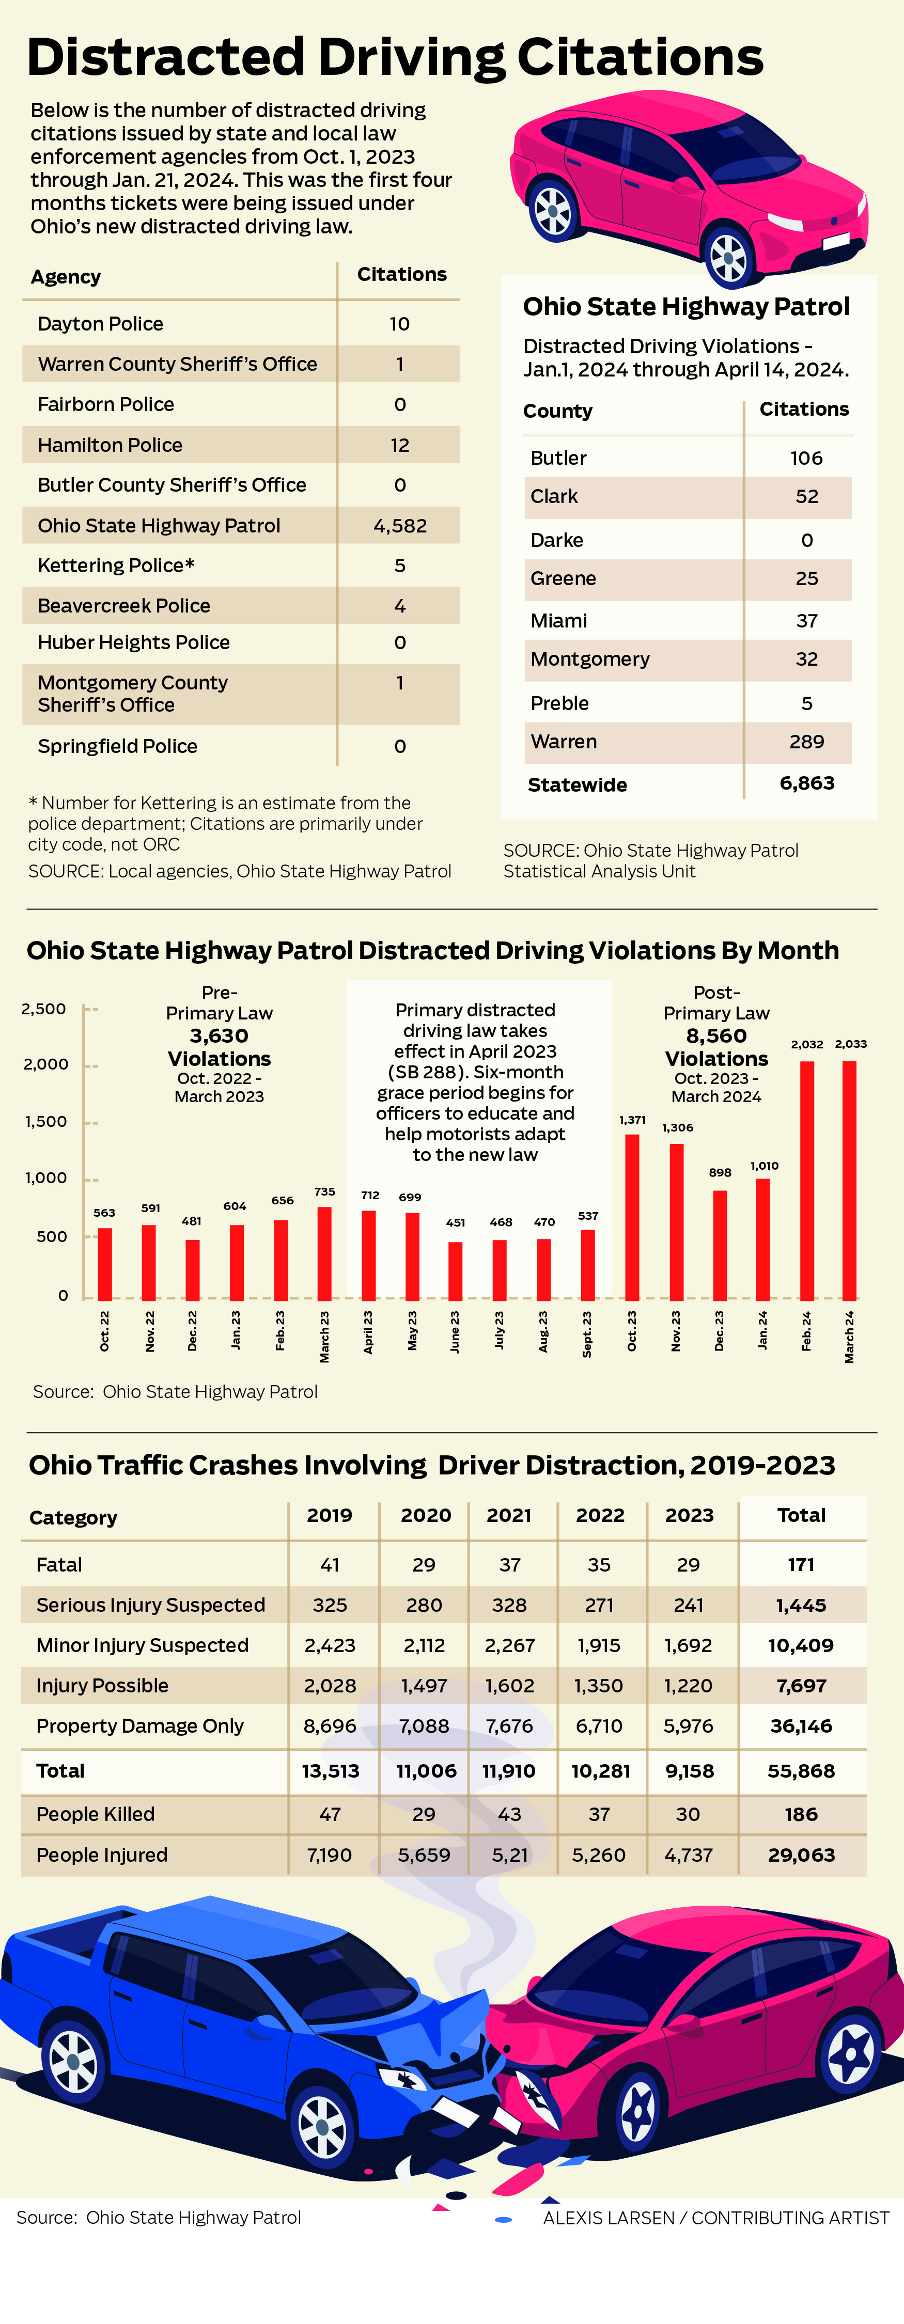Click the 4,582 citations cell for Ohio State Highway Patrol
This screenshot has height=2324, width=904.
coord(400,525)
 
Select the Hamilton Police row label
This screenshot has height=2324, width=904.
coord(110,445)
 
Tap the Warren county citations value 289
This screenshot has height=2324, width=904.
coord(806,742)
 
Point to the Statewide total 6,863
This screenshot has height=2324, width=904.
coord(806,783)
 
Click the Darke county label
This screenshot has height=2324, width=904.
coord(557,540)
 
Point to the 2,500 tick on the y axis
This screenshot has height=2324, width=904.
coord(44,1009)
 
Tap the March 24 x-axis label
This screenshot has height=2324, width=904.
coord(849,1337)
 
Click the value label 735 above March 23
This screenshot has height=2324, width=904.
coord(325,1192)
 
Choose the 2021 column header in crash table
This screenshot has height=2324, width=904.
coord(509,1515)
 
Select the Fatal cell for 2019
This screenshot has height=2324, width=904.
coord(330,1564)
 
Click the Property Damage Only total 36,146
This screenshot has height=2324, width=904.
coord(801,1726)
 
